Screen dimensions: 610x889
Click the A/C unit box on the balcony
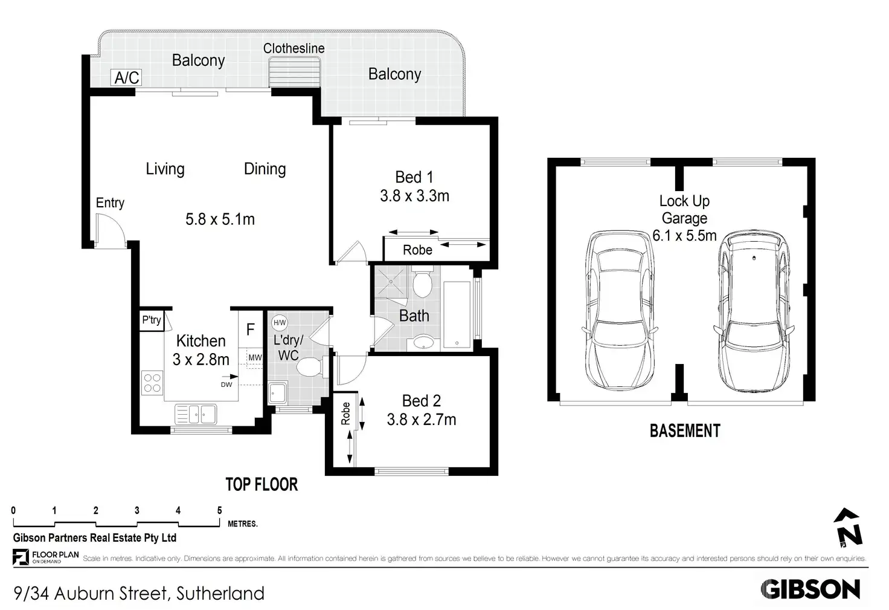tap(127, 77)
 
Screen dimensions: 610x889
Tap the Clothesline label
tap(294, 48)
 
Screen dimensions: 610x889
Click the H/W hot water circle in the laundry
tap(280, 323)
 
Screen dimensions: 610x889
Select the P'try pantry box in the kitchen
tap(152, 320)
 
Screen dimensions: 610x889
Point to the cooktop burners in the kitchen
tap(152, 383)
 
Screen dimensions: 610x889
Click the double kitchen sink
tap(196, 414)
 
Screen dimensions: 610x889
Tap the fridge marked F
tap(251, 329)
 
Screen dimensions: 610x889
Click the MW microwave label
tap(255, 357)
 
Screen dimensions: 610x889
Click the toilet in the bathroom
tap(422, 284)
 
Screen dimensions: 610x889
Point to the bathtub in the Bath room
tap(457, 315)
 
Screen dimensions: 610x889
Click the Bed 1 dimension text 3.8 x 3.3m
tap(414, 196)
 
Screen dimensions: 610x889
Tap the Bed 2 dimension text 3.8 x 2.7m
tap(422, 420)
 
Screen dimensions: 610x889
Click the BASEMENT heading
tap(685, 431)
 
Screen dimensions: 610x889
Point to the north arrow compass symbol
tap(848, 528)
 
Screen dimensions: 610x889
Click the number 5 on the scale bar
tap(220, 511)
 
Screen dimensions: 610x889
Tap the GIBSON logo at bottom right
tap(810, 589)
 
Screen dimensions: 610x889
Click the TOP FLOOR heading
tap(262, 484)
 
